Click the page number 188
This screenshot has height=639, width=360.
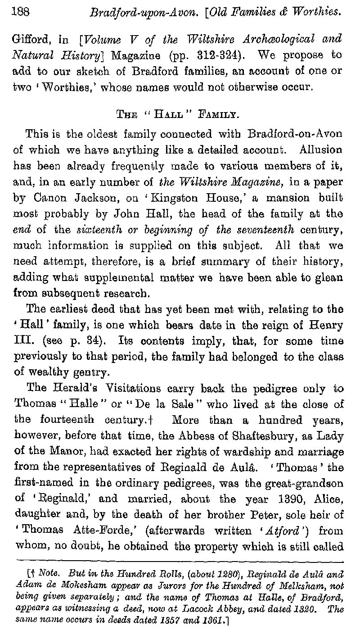[20, 12]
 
